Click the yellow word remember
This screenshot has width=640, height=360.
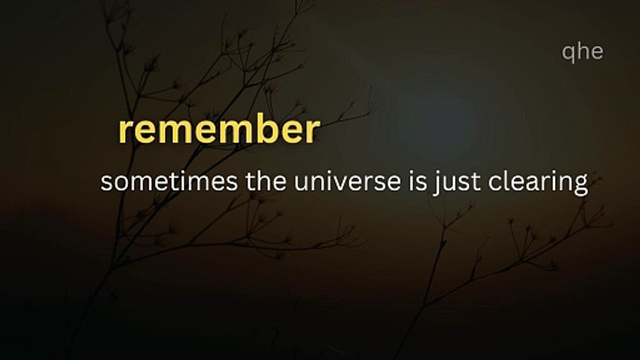click(219, 131)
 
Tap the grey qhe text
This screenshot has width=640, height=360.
click(582, 51)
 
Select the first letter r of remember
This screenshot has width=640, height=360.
click(124, 133)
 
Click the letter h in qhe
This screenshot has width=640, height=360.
click(582, 51)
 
